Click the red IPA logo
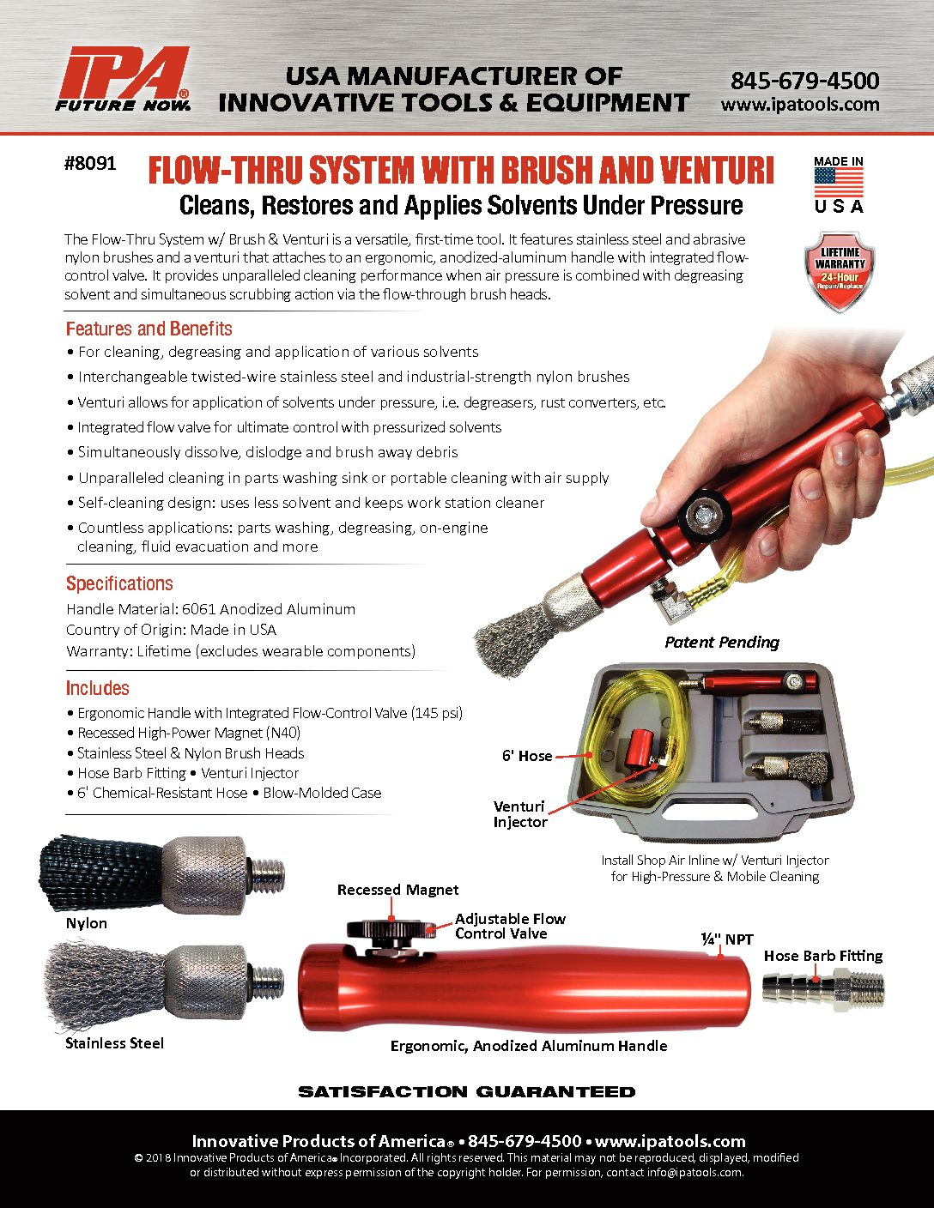click(123, 79)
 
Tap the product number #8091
click(90, 163)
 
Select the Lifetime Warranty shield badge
click(840, 271)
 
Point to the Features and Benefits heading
click(149, 329)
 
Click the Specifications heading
click(119, 583)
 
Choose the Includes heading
click(97, 688)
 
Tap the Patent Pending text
click(722, 642)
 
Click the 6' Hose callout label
click(527, 756)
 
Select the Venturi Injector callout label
click(520, 814)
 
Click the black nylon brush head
click(102, 873)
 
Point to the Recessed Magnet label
click(397, 890)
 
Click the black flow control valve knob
click(391, 929)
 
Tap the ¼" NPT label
click(726, 939)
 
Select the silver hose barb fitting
click(822, 988)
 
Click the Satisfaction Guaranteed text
click(467, 1092)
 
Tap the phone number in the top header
click(804, 82)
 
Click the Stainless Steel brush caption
click(114, 1043)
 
